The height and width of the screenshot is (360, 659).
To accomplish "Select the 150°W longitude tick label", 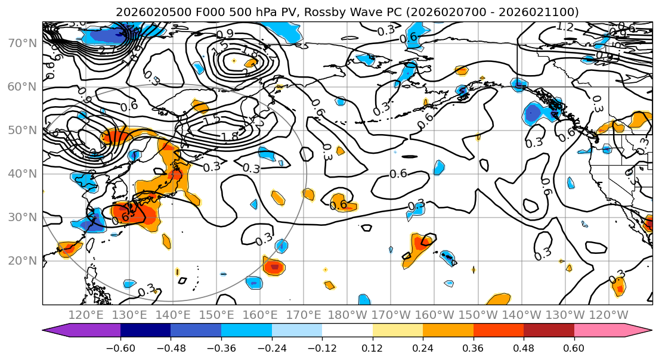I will coord(478,315).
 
